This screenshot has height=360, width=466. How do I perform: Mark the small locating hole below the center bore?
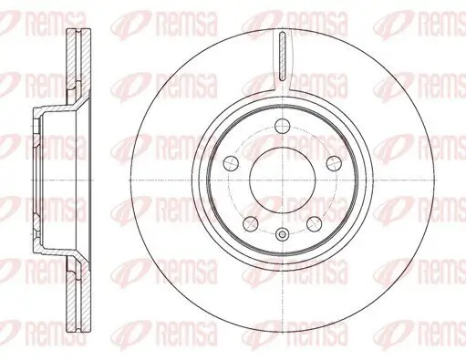pos(282,235)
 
